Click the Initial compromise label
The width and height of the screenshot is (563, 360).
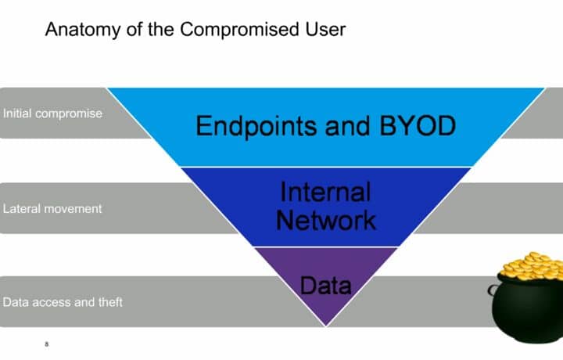pos(52,113)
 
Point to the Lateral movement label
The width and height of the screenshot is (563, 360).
pos(52,209)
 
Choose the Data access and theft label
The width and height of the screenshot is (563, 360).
pos(63,302)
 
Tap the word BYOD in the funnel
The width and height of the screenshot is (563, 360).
pos(414,126)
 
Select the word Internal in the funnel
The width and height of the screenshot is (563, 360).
pos(325,193)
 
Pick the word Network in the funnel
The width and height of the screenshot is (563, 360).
pos(325,219)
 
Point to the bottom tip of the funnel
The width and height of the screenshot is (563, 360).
pos(325,324)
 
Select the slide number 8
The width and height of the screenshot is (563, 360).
pos(47,343)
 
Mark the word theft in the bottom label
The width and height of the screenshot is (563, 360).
pos(109,302)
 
